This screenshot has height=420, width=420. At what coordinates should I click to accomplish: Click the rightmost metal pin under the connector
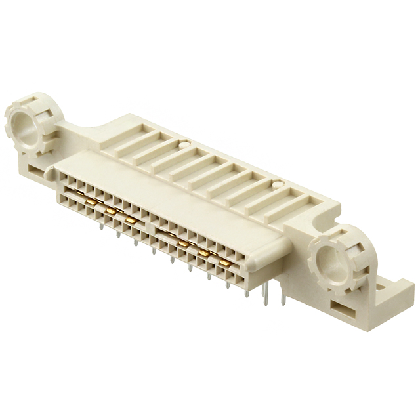point(282,299)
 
